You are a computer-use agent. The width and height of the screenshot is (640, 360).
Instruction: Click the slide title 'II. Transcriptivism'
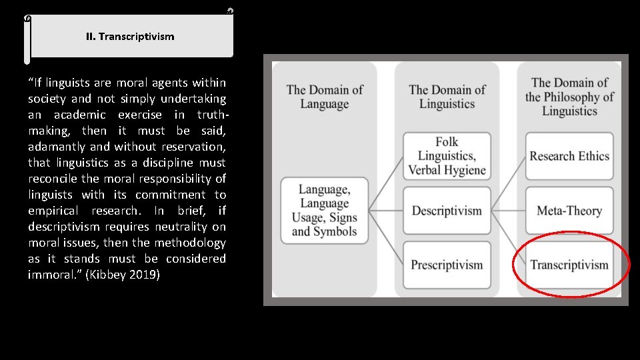click(130, 37)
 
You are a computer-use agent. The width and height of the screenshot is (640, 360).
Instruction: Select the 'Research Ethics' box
click(569, 156)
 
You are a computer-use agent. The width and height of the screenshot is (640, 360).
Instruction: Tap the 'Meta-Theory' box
click(569, 211)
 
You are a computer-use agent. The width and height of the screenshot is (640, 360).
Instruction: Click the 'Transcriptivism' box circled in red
click(569, 265)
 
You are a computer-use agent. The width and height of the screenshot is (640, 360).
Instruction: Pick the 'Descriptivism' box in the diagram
click(447, 211)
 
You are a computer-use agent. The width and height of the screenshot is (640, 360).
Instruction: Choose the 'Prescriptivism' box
click(447, 265)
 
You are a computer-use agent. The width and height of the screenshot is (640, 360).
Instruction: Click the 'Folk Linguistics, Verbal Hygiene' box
click(447, 156)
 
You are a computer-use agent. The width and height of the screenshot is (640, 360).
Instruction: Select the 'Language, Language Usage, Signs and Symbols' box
click(325, 211)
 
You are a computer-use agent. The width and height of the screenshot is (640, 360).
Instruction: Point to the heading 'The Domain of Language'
click(325, 97)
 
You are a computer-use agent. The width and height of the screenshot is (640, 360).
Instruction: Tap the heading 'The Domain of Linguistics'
click(447, 97)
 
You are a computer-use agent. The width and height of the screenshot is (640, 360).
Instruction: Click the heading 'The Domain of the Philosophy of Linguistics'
click(569, 97)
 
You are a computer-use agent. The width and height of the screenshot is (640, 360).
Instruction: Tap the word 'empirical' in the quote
click(55, 211)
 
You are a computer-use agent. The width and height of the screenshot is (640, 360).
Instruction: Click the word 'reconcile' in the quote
click(53, 179)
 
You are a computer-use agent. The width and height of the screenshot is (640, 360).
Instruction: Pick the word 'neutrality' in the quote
click(181, 227)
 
